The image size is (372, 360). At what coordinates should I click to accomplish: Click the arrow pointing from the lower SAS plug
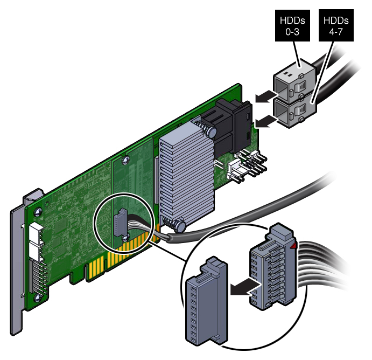(x=262, y=123)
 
